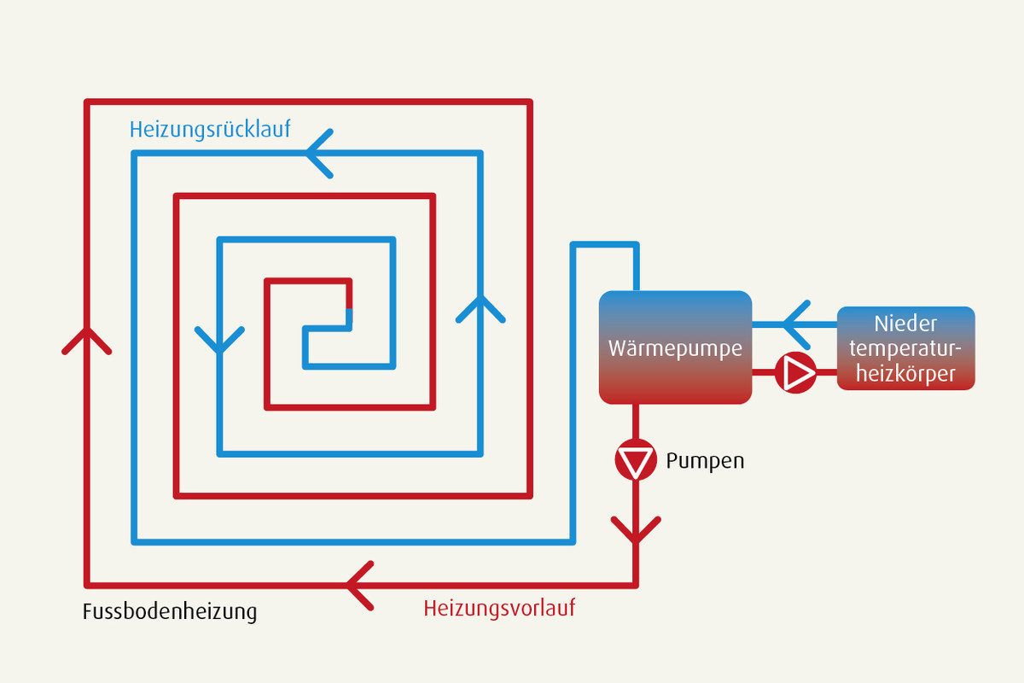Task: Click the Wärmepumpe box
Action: coord(675,347)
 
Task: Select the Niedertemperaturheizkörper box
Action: coord(905,348)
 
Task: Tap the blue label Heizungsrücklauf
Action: coord(210,130)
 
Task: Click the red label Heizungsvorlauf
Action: coord(499,609)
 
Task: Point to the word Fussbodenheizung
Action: coord(170,611)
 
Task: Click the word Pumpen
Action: coord(705,461)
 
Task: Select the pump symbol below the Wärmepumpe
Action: coord(636,460)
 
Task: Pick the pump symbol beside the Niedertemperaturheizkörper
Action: coord(795,372)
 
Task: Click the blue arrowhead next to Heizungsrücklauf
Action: coord(319,154)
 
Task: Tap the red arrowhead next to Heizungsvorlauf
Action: coord(360,586)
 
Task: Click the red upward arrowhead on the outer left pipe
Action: coord(87,341)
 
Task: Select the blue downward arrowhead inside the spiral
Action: coord(219,340)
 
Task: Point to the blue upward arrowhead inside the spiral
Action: coord(480,310)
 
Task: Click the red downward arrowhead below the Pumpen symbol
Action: coord(636,529)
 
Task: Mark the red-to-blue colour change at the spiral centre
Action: coord(349,309)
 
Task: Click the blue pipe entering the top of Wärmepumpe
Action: coord(636,267)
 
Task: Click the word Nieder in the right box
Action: coord(905,324)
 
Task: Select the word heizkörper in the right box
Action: coord(905,374)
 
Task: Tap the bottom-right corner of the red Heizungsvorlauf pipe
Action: coord(636,585)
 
